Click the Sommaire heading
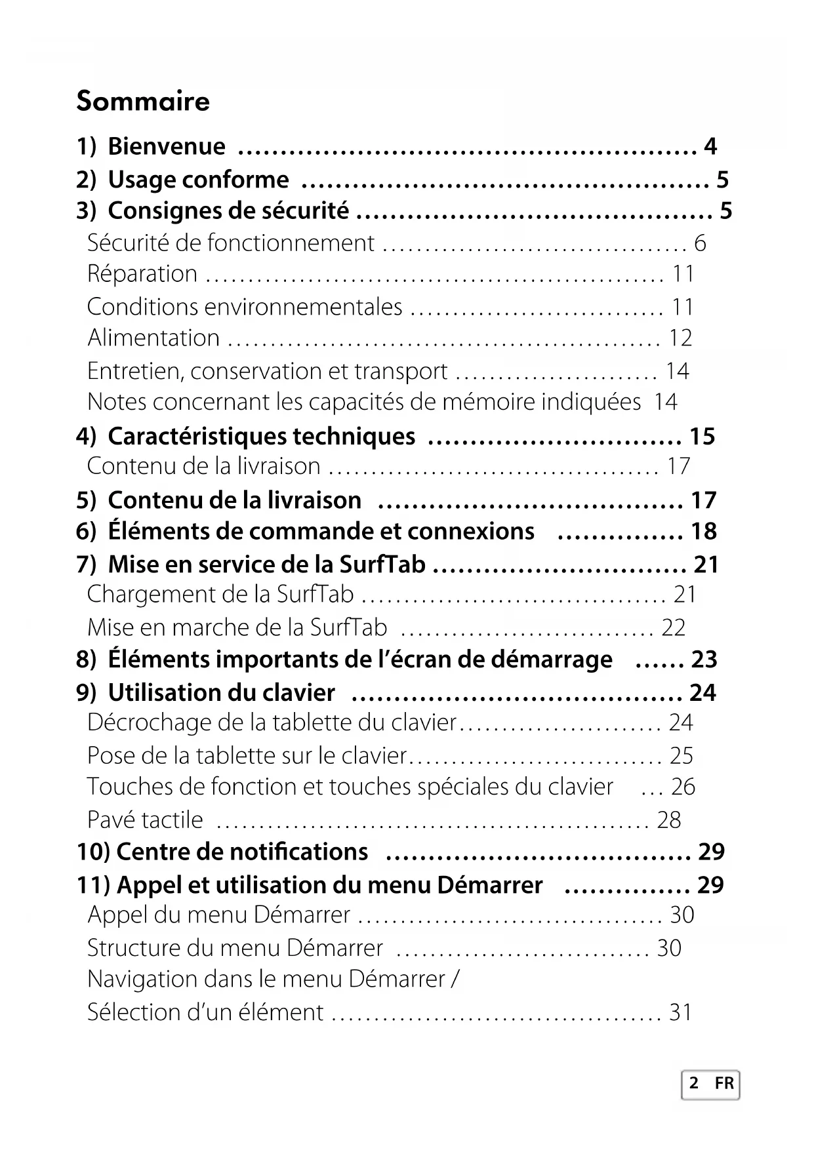[143, 101]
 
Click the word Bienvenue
[166, 146]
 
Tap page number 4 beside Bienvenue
[710, 146]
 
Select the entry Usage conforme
[198, 180]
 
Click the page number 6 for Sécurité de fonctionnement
[700, 243]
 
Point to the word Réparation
[142, 274]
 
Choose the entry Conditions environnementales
[245, 307]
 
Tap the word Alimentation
[154, 338]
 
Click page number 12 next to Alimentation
[680, 338]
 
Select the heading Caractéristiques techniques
[261, 436]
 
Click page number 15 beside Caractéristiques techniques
[702, 436]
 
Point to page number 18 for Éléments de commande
[703, 531]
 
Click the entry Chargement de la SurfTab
[220, 594]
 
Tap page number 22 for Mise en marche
[674, 627]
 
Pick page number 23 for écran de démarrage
[704, 659]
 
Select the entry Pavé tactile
[146, 820]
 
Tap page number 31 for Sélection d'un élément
[680, 1012]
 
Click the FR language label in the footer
[724, 1083]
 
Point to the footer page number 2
[694, 1083]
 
